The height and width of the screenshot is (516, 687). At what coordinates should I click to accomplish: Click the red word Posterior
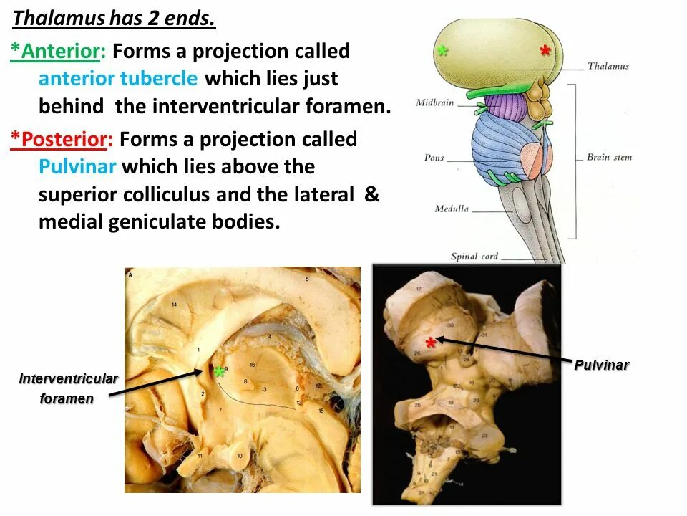(65, 139)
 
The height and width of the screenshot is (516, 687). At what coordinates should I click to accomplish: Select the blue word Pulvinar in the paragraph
(79, 167)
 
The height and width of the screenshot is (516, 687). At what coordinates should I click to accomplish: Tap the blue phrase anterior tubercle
(118, 79)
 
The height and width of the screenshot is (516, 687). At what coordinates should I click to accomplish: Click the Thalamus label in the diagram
(608, 66)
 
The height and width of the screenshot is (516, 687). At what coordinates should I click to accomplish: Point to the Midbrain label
(435, 102)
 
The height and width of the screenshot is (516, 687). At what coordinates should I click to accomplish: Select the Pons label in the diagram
(434, 158)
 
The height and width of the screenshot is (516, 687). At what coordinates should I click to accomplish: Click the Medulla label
(452, 209)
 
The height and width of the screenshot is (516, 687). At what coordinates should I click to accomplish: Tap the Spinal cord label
(474, 257)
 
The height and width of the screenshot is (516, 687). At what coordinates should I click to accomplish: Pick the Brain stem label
(609, 157)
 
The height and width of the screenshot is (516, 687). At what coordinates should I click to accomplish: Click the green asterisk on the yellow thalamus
(443, 52)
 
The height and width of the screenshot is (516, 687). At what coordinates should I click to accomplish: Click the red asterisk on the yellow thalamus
(545, 52)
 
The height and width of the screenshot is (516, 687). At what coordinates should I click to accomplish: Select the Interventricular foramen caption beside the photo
(68, 388)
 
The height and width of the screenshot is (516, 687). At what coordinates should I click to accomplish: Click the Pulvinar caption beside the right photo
(601, 365)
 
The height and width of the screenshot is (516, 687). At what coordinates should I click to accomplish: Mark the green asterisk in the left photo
(218, 372)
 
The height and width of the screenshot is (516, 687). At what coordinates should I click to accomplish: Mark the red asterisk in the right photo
(430, 344)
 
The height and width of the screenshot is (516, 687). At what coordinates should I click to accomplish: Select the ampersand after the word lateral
(371, 194)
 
